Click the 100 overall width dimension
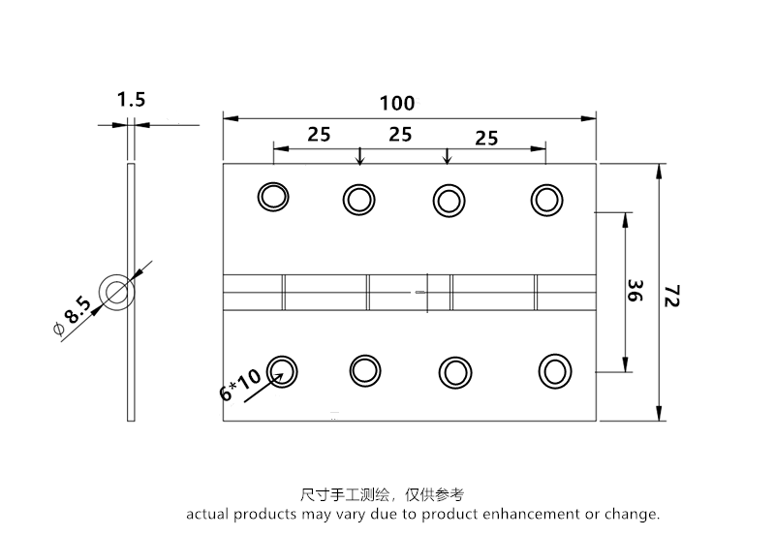click(x=397, y=103)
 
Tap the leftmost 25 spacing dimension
click(x=319, y=134)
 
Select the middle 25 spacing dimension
click(x=400, y=134)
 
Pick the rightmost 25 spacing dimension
click(x=486, y=138)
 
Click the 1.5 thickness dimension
click(x=131, y=99)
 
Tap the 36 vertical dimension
click(x=636, y=292)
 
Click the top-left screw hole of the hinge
click(x=273, y=197)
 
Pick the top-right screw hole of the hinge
click(x=546, y=200)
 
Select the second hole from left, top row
click(x=358, y=200)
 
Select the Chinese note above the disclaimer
click(x=383, y=494)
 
